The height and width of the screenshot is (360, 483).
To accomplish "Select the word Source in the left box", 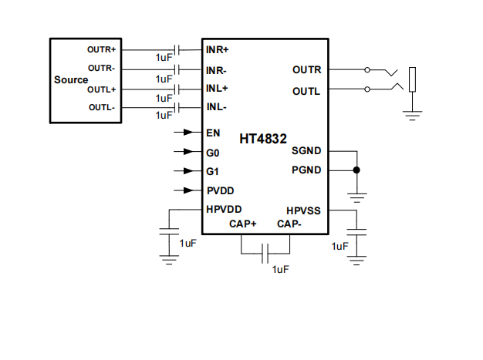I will point(71,80).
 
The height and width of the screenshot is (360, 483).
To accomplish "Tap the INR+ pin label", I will point(218,49).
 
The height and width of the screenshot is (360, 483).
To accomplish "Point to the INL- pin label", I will point(216,107).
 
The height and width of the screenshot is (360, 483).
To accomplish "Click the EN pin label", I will point(213,133).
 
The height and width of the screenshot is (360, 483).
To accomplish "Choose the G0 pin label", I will point(213,152).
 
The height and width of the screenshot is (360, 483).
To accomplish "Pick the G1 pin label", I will point(213,171).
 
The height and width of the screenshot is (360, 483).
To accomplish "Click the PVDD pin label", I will point(220,190).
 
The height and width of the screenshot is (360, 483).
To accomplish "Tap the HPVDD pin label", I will point(224,209).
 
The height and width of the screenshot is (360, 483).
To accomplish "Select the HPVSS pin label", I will point(303,210).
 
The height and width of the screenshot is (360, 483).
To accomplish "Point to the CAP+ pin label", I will point(242,224).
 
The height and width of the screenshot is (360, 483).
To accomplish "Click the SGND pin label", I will point(306,151).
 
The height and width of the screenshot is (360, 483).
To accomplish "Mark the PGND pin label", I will point(306,170).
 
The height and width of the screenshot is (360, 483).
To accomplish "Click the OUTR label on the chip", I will point(306,70).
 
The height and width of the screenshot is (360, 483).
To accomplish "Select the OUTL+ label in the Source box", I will point(101,89).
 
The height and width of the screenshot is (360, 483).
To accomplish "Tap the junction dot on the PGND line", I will point(356,170).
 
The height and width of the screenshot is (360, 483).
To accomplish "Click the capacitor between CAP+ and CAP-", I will point(265,252).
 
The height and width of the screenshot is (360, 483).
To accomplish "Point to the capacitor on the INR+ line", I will point(177,50).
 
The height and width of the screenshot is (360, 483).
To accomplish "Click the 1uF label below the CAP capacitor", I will point(280,268).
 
